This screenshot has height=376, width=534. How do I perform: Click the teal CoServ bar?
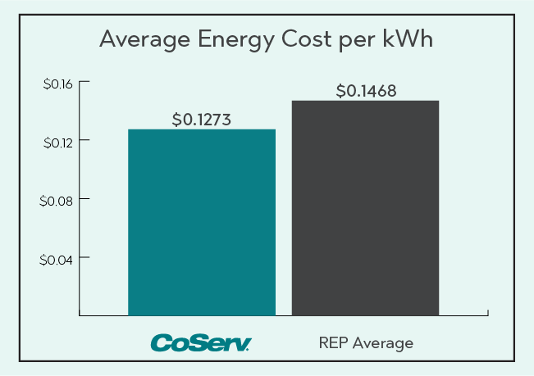tap(202, 221)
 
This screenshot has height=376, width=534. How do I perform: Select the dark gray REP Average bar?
tap(365, 207)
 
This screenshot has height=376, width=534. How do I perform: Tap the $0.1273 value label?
tap(202, 119)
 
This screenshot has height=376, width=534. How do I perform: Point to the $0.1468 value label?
tap(366, 91)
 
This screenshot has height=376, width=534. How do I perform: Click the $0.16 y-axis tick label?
tap(57, 83)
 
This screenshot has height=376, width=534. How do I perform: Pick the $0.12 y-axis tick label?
tap(57, 142)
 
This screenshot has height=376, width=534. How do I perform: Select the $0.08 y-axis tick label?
tap(57, 200)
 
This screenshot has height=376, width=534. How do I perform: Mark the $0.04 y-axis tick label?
tap(57, 259)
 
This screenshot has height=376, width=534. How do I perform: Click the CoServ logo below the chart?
tap(201, 342)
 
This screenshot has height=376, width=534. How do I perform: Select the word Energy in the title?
tap(239, 41)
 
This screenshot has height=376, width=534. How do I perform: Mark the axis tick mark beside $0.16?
tap(83, 83)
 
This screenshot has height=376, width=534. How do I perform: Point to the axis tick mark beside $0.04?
tap(83, 259)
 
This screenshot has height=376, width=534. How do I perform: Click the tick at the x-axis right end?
tap(488, 312)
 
